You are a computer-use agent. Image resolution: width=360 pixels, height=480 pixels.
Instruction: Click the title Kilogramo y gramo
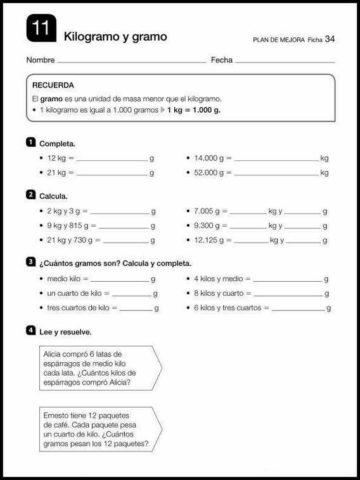click(115, 37)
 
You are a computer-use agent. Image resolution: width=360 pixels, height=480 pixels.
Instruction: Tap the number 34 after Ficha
click(330, 39)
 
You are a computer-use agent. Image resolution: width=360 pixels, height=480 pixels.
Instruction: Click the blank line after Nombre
click(131, 62)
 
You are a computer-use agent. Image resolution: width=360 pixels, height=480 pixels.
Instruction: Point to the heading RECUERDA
click(53, 85)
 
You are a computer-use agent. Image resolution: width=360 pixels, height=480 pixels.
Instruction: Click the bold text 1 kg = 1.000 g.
click(194, 110)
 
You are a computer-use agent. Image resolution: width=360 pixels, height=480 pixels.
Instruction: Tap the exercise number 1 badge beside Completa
click(30, 142)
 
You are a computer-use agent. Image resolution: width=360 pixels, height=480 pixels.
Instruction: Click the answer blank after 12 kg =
click(112, 159)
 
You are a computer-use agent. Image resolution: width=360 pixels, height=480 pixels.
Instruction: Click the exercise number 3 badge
click(30, 262)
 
